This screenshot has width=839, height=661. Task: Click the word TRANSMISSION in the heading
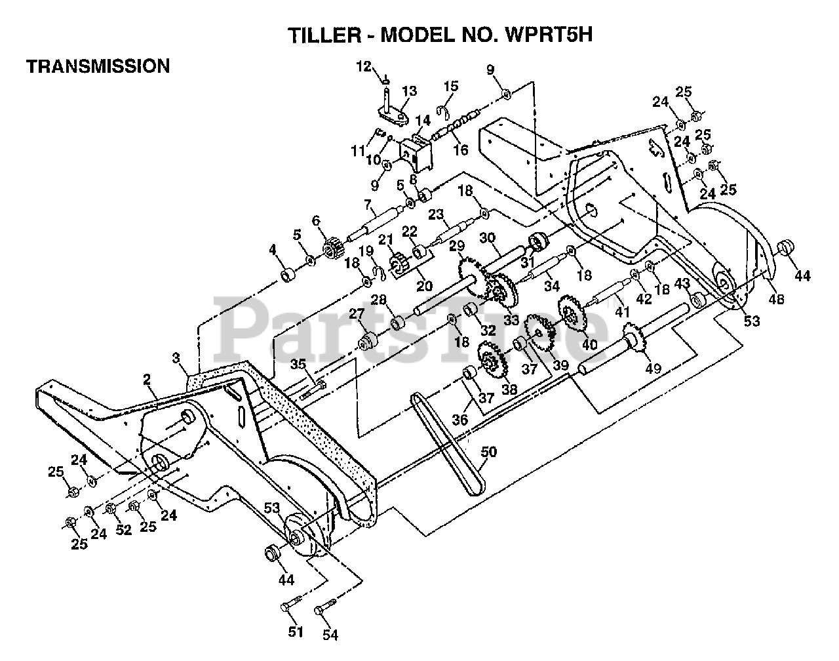click(98, 66)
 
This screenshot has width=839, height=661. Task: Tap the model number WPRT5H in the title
click(548, 34)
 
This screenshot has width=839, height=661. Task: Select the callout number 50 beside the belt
click(488, 452)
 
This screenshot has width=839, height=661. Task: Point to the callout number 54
click(330, 635)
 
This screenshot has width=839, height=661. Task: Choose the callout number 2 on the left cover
click(147, 379)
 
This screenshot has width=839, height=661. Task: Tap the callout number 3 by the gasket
click(176, 358)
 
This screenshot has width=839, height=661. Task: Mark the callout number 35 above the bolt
click(298, 364)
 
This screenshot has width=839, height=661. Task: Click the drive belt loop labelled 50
click(447, 444)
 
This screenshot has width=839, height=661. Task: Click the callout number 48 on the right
click(775, 299)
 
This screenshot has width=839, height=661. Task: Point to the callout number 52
click(123, 529)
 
